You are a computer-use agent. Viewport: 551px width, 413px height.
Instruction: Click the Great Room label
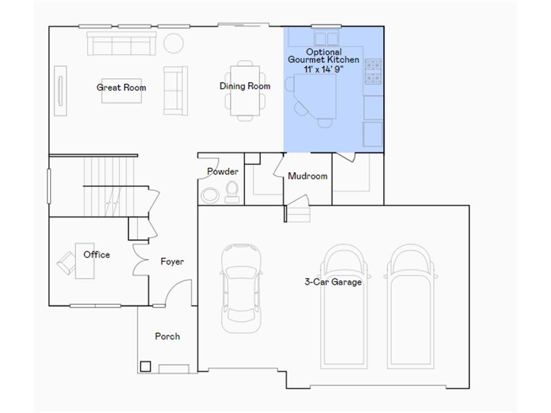[121, 87]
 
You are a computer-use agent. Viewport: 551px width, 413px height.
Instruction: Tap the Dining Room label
[245, 86]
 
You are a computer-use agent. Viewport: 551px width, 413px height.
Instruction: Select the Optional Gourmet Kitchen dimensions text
[323, 69]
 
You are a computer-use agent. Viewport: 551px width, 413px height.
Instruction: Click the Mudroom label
[307, 176]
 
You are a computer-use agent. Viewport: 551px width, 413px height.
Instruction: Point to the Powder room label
[223, 172]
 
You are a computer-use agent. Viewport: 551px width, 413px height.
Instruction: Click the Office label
[97, 254]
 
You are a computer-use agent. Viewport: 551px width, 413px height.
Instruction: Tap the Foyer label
[172, 261]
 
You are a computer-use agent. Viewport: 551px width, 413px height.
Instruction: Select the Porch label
[167, 336]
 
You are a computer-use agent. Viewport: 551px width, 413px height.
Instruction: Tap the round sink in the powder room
[210, 195]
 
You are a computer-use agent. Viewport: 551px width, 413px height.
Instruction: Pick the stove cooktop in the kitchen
[373, 72]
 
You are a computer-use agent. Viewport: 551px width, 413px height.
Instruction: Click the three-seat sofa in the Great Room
[122, 44]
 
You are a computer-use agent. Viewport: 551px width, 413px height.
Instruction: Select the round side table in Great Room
[174, 43]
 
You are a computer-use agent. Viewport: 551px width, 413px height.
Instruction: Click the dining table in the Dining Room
[245, 90]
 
